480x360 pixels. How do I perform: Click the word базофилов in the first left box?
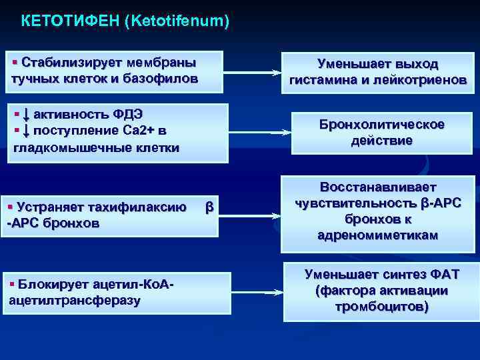(167, 79)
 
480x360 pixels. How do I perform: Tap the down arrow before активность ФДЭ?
(26, 114)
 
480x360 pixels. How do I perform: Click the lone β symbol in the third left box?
(209, 207)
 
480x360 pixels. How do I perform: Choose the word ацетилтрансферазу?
(75, 301)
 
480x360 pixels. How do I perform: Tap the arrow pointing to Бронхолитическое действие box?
(280, 133)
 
